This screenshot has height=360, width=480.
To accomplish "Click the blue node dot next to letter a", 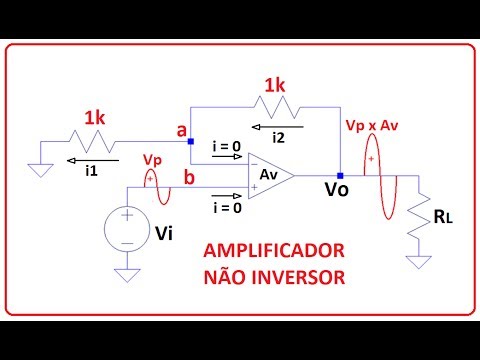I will click(x=190, y=141).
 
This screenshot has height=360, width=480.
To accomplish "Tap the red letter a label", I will click(x=181, y=130).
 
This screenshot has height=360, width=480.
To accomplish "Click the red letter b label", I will click(x=190, y=178).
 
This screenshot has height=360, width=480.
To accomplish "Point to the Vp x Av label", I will click(x=370, y=128).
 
